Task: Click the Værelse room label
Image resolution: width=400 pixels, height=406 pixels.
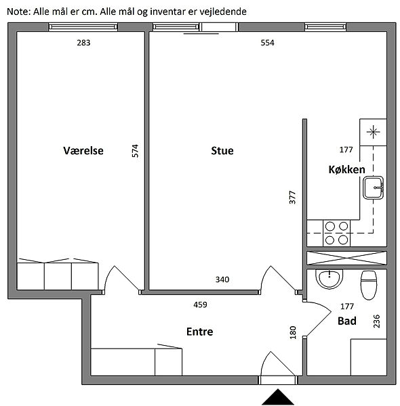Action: pyautogui.click(x=83, y=150)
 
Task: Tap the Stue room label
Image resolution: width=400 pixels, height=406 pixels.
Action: pyautogui.click(x=222, y=151)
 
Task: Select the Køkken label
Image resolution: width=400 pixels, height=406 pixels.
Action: pyautogui.click(x=347, y=170)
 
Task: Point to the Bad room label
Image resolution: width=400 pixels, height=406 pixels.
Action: pyautogui.click(x=347, y=321)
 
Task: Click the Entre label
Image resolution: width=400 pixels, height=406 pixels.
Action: pyautogui.click(x=200, y=332)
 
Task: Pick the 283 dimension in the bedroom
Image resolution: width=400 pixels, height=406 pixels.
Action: pyautogui.click(x=83, y=43)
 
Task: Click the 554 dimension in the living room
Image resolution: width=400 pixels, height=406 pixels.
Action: pyautogui.click(x=267, y=43)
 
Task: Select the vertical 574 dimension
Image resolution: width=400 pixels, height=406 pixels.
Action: pyautogui.click(x=135, y=151)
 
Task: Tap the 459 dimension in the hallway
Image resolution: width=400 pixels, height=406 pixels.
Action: pyautogui.click(x=200, y=304)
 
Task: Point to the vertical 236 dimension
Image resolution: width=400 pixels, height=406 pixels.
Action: pyautogui.click(x=376, y=321)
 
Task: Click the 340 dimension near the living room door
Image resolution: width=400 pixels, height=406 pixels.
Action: pyautogui.click(x=222, y=279)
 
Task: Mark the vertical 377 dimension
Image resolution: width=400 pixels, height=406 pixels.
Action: pyautogui.click(x=292, y=198)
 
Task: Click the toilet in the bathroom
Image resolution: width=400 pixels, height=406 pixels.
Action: pyautogui.click(x=369, y=285)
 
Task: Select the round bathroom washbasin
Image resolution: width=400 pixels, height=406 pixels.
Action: pyautogui.click(x=329, y=279)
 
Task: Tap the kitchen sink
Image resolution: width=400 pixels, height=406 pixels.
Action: pyautogui.click(x=374, y=187)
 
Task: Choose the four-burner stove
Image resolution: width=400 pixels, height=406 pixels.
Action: pyautogui.click(x=336, y=233)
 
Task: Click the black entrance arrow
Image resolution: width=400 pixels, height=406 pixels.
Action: pyautogui.click(x=278, y=397)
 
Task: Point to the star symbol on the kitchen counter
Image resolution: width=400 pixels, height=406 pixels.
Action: pyautogui.click(x=374, y=132)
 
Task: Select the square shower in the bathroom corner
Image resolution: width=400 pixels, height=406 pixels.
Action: pyautogui.click(x=369, y=357)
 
